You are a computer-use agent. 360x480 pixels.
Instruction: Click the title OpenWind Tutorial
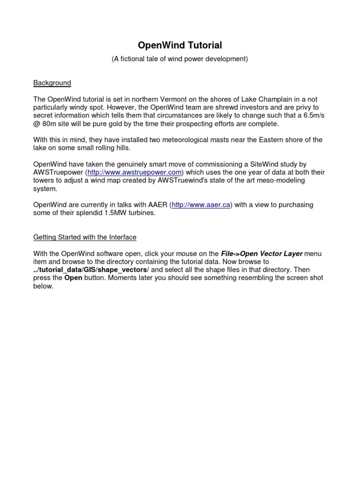(x=180, y=45)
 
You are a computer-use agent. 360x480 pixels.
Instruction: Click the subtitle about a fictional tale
(x=180, y=59)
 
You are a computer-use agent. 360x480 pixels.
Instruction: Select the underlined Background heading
(x=52, y=83)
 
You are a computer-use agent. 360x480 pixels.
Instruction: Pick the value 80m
(x=51, y=124)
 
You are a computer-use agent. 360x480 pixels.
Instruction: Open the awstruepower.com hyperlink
(x=135, y=172)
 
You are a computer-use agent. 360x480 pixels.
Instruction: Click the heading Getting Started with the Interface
(x=85, y=237)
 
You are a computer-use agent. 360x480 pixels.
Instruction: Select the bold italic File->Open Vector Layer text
(x=262, y=254)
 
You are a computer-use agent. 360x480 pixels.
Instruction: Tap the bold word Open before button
(x=73, y=278)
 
